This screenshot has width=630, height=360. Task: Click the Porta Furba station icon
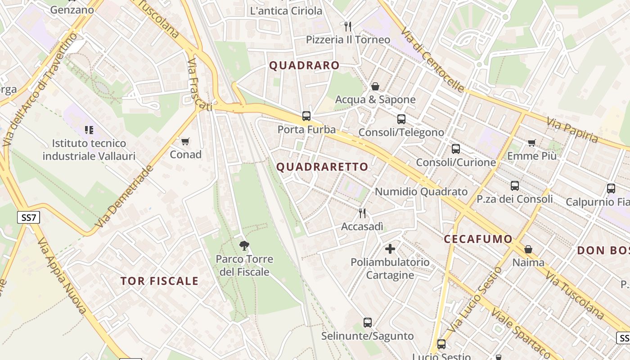pos(306,116)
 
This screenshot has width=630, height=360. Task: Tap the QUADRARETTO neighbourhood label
pos(322,167)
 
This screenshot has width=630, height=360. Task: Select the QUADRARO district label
pos(304,66)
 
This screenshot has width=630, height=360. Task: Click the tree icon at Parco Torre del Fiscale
pos(244,246)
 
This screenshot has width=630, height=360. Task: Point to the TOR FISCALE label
pos(159,281)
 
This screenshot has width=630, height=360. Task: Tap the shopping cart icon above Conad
pos(185,142)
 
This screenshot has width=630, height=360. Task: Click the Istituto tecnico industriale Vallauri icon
pos(89,130)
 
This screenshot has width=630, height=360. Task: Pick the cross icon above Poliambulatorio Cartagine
pos(390,248)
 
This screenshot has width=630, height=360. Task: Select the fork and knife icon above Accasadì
pos(362,213)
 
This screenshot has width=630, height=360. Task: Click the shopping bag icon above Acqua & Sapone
pos(375,86)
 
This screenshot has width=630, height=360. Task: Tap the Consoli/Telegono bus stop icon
pos(401,119)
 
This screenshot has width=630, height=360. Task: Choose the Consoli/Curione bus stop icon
pos(456,149)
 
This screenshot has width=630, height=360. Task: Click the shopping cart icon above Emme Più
pos(532,143)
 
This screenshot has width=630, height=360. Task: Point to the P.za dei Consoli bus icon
pos(515,185)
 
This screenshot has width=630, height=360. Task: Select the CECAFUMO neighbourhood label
pos(478,239)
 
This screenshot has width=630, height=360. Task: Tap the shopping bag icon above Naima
pos(528,249)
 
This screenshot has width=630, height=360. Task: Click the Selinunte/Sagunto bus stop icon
pos(368,323)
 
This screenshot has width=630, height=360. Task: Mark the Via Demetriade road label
pos(124,197)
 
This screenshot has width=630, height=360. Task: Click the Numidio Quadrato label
pos(421,192)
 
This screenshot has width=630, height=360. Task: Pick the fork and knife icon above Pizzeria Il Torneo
pos(347,26)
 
